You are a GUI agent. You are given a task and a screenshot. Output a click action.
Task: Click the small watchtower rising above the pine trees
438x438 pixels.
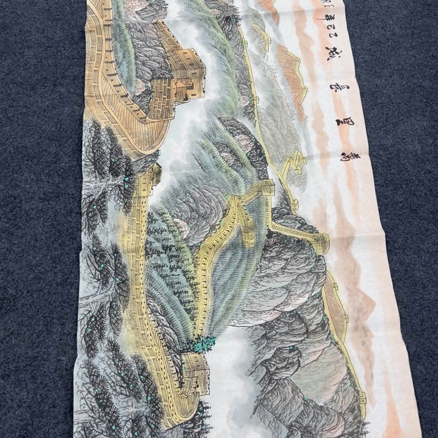pos(150,174)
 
